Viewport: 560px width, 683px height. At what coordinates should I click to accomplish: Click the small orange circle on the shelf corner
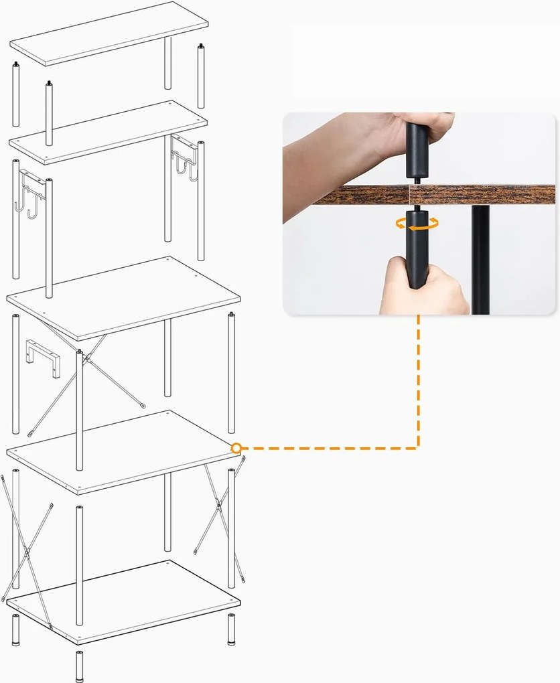[236, 448]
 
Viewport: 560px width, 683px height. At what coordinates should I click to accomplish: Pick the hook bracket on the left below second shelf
[29, 194]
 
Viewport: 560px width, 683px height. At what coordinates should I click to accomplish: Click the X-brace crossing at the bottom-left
[25, 552]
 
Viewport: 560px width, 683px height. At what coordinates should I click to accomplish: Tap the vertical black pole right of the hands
[480, 261]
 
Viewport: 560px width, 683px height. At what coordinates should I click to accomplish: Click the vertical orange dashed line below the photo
[419, 375]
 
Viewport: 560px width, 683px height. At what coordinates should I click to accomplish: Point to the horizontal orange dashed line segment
[328, 447]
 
